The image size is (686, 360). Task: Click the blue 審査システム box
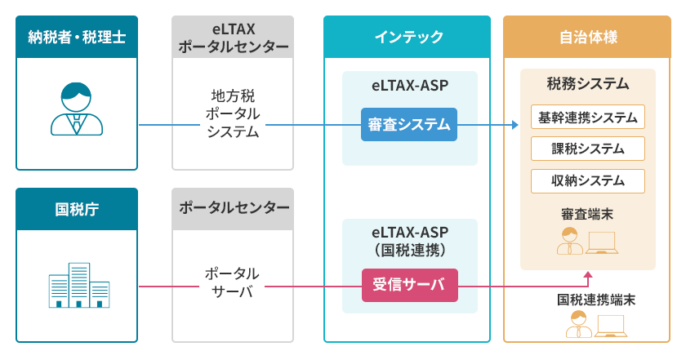[x=409, y=125]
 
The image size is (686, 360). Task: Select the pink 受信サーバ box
[x=409, y=285]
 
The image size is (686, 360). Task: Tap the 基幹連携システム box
[x=587, y=117]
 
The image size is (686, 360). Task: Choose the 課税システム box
[x=587, y=149]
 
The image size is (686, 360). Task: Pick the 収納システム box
[x=587, y=181]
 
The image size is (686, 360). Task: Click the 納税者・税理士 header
[x=77, y=37]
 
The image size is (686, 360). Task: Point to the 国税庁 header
[x=77, y=209]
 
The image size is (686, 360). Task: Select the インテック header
[x=407, y=37]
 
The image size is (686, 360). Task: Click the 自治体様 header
[x=586, y=37]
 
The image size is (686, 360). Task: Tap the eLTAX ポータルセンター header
[x=233, y=37]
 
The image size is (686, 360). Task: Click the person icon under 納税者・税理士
[x=77, y=109]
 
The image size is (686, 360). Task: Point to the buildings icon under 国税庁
[x=78, y=285]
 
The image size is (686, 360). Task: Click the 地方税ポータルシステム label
[x=233, y=113]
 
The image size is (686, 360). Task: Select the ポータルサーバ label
[x=232, y=282]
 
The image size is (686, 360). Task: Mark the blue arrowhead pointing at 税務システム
[x=515, y=125]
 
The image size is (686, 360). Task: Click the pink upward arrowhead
[x=588, y=275]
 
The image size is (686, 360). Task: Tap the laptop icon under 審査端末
[x=602, y=242]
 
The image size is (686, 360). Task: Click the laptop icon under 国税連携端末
[x=610, y=326]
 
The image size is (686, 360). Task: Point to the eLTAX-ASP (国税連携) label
[x=410, y=241]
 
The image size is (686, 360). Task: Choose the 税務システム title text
[x=587, y=83]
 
